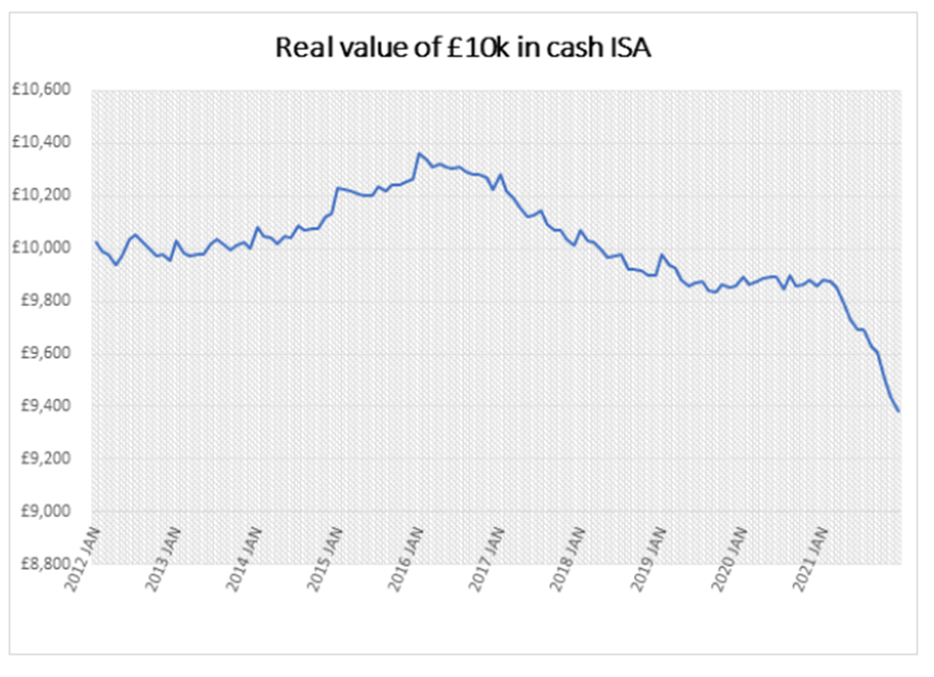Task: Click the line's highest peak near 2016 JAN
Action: [x=418, y=154]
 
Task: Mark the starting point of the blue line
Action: [x=95, y=242]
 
